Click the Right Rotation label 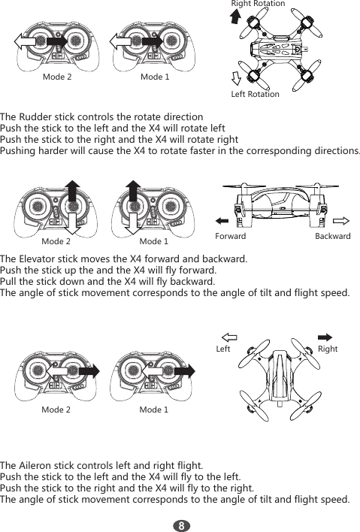pyautogui.click(x=258, y=4)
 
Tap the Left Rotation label pyautogui.click(x=255, y=94)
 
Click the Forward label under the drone pyautogui.click(x=230, y=236)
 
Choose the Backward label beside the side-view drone pyautogui.click(x=332, y=236)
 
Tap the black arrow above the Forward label pyautogui.click(x=222, y=221)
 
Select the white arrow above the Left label pyautogui.click(x=229, y=337)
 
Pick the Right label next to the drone pyautogui.click(x=328, y=349)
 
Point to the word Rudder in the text pyautogui.click(x=38, y=118)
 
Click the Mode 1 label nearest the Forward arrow pyautogui.click(x=154, y=241)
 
